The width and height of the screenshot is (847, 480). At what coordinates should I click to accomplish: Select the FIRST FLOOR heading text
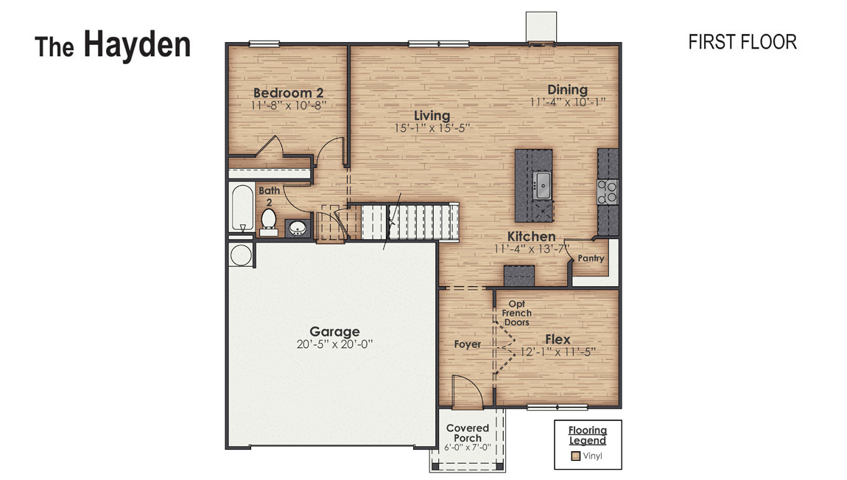[x=742, y=42]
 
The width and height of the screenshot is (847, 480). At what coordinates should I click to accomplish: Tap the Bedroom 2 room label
[x=289, y=93]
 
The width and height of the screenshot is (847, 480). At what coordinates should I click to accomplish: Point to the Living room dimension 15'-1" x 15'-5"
[x=432, y=128]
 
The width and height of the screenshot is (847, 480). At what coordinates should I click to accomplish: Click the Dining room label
[x=567, y=90]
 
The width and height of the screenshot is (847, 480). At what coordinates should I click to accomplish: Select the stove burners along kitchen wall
[x=608, y=192]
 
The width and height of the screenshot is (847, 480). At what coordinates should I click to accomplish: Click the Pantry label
[x=591, y=259]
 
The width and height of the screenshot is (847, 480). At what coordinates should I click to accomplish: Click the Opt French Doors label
[x=517, y=313]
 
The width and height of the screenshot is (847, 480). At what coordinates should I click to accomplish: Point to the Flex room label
[x=558, y=339]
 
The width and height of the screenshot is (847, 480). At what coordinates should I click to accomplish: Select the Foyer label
[x=467, y=344]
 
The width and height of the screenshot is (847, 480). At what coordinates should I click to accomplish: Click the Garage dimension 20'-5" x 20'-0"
[x=334, y=344]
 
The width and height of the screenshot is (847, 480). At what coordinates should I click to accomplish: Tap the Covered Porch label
[x=468, y=433]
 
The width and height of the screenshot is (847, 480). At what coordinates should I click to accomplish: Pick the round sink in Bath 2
[x=298, y=228]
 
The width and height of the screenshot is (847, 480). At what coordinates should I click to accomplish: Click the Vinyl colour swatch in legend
[x=576, y=456]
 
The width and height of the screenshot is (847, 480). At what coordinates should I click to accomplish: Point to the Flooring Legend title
[x=587, y=435]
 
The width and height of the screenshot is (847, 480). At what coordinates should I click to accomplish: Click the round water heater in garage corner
[x=240, y=255]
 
